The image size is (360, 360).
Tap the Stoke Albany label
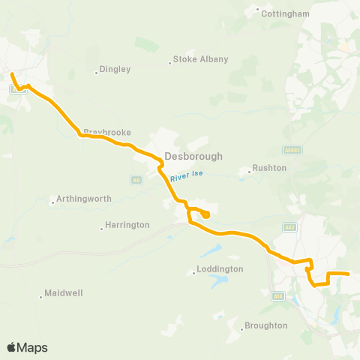point(200,59)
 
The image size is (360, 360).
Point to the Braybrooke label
point(106,132)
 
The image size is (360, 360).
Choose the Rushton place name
point(270,168)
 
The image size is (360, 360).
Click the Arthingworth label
point(83,199)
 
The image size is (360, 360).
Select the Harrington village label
point(127,225)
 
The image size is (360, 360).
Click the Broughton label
point(265,325)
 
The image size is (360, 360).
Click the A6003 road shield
point(292,149)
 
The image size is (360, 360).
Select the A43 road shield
point(290,227)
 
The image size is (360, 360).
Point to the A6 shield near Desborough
point(136,180)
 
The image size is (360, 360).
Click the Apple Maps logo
point(27,347)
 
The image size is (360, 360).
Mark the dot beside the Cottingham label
point(258,10)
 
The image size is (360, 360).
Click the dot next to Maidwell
point(40,297)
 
